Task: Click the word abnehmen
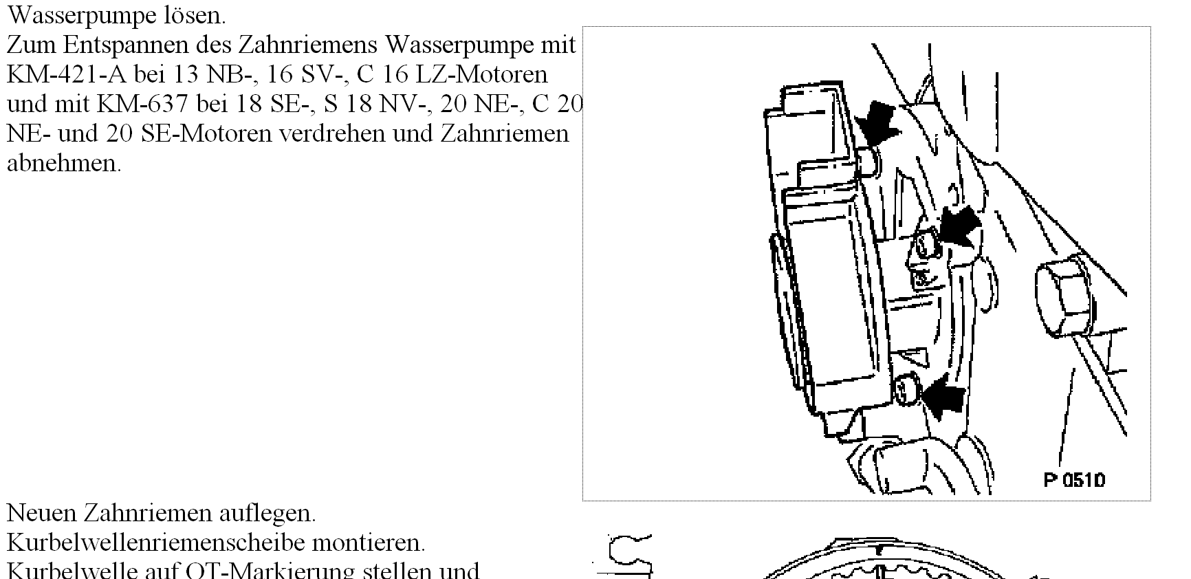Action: click(x=63, y=163)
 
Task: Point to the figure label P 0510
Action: click(x=1074, y=479)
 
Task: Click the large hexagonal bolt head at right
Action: click(x=1064, y=294)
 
